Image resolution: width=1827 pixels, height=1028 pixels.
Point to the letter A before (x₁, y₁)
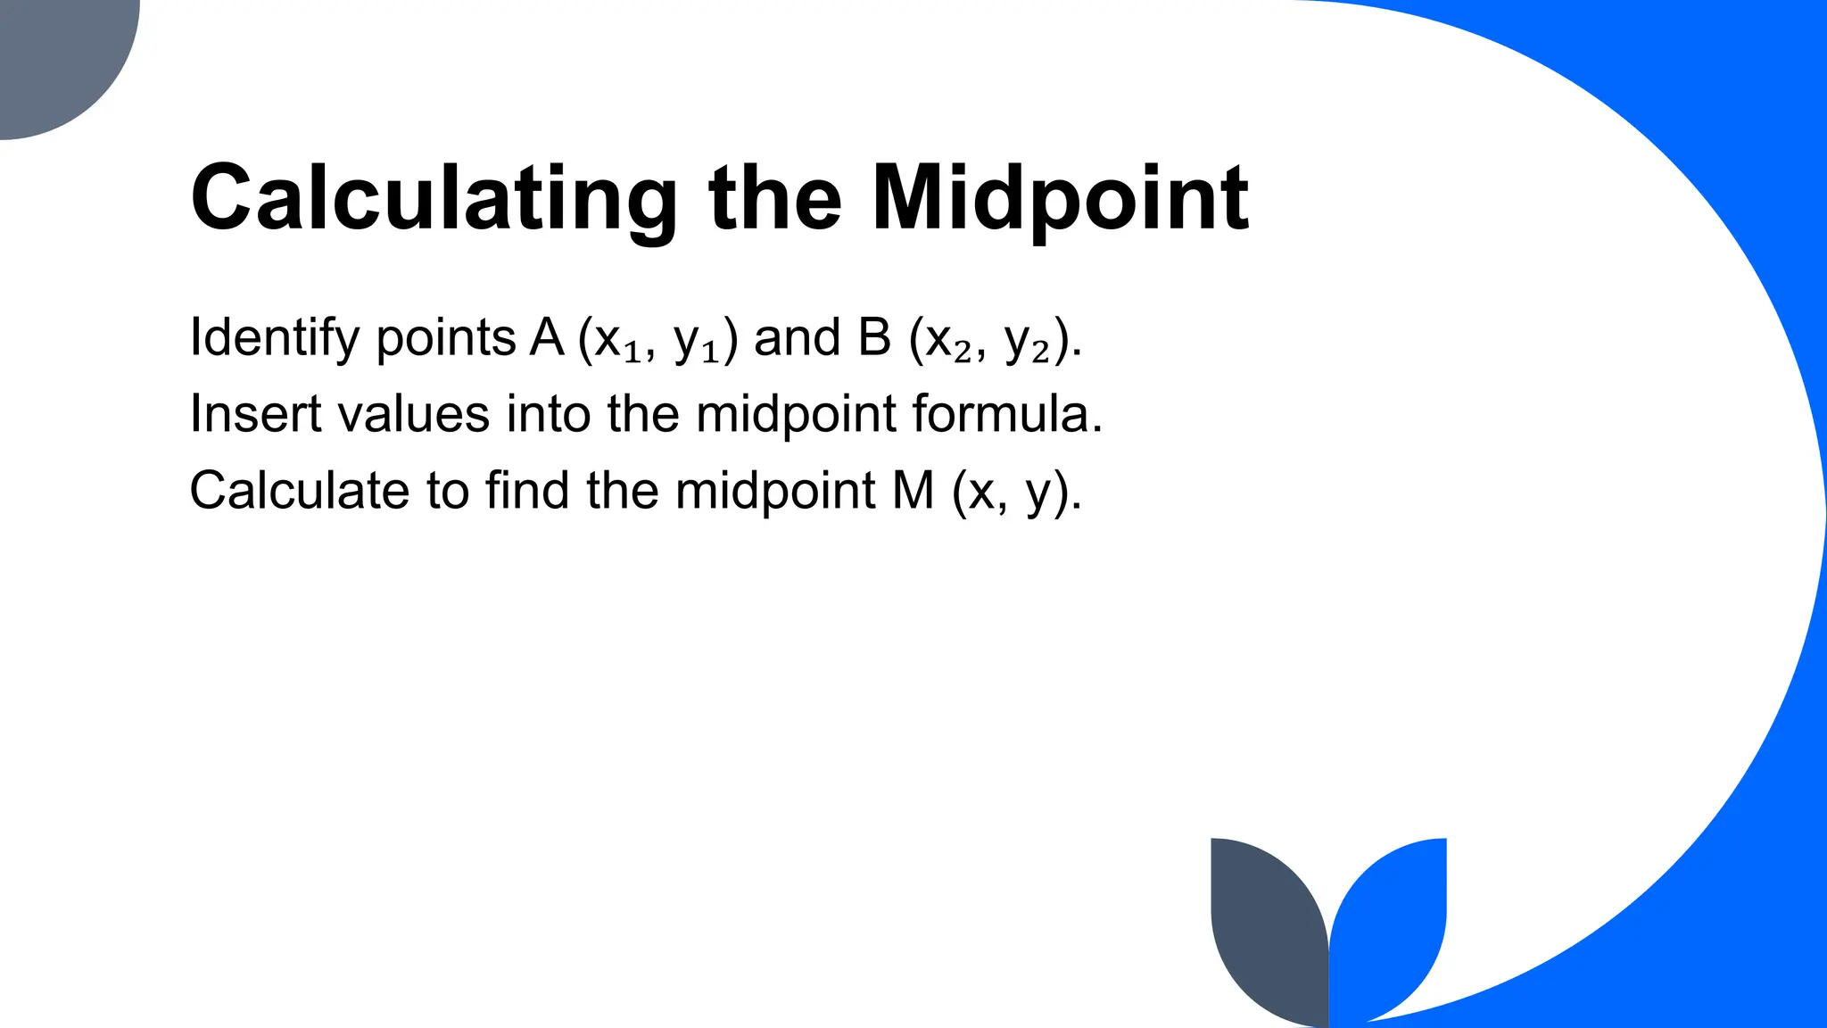pyautogui.click(x=547, y=338)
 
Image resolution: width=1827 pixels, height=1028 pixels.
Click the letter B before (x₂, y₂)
pyautogui.click(x=875, y=338)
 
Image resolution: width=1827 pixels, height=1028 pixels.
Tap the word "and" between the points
pyautogui.click(x=798, y=338)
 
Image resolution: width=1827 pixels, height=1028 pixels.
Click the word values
pyautogui.click(x=415, y=415)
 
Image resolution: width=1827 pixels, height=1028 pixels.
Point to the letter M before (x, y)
pyautogui.click(x=913, y=491)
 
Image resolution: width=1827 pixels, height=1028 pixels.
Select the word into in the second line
pyautogui.click(x=549, y=415)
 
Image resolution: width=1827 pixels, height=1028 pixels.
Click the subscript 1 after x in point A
pyautogui.click(x=632, y=352)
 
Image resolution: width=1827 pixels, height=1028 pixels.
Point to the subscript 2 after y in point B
pyautogui.click(x=1040, y=352)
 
